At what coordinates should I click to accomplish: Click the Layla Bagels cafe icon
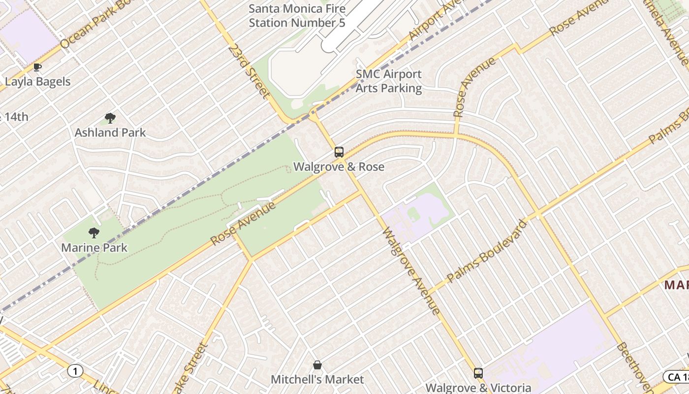click(37, 67)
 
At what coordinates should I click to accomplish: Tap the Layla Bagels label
click(38, 82)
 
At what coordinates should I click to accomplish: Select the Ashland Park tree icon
click(110, 118)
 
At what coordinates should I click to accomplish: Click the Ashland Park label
click(110, 132)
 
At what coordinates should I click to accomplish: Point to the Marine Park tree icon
click(94, 233)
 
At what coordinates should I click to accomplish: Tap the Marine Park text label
click(94, 248)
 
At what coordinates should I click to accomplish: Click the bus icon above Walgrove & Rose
click(339, 152)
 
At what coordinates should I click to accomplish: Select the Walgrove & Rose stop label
click(339, 167)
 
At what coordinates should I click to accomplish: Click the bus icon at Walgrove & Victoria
click(478, 373)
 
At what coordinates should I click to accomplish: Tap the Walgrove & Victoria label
click(478, 388)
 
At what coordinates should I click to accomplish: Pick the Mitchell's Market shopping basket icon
click(317, 365)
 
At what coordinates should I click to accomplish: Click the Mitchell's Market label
click(317, 380)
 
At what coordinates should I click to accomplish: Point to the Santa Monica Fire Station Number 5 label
click(297, 16)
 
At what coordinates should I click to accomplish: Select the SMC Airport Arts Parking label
click(389, 81)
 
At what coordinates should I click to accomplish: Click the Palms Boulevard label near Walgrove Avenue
click(487, 251)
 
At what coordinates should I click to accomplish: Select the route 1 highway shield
click(75, 371)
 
